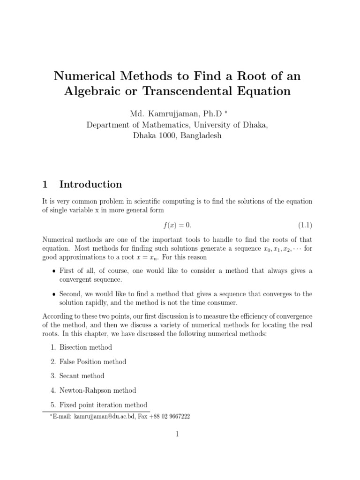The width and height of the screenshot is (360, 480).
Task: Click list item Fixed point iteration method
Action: [103, 405]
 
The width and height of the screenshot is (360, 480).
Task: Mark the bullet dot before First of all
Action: [53, 271]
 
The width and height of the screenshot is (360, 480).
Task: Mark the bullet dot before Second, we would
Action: [53, 294]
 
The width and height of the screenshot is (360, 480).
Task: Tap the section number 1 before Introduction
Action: [45, 184]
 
